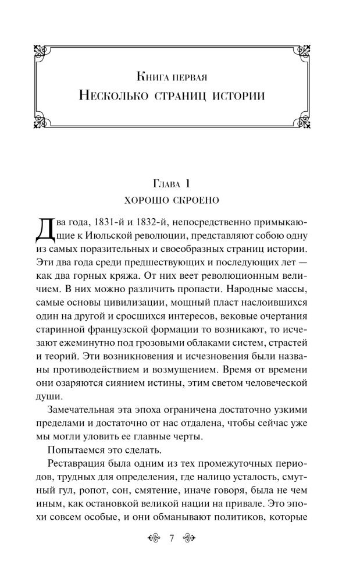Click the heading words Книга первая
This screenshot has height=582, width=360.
pyautogui.click(x=180, y=76)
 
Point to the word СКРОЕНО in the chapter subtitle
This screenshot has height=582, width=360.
pyautogui.click(x=198, y=201)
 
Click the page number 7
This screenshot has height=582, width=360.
pyautogui.click(x=172, y=538)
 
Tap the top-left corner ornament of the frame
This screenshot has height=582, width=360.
pyautogui.click(x=38, y=50)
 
